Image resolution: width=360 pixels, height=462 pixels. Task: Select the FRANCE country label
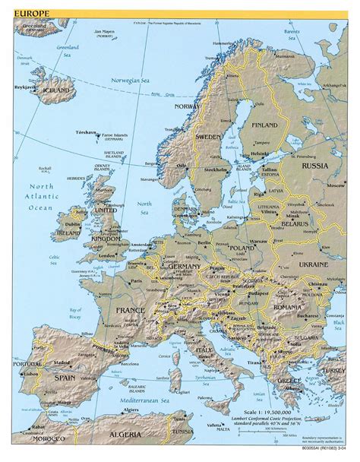click(x=131, y=312)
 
